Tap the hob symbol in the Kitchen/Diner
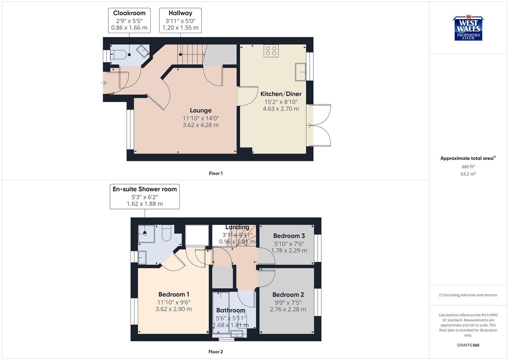271,51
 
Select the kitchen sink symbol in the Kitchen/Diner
300,72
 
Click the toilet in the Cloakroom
118,55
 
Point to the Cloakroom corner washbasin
143,51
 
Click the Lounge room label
201,110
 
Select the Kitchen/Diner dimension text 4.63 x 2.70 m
281,109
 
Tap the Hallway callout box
180,20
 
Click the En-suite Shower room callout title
145,189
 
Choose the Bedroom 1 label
174,294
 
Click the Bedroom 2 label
288,295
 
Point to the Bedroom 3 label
289,236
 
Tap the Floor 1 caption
216,173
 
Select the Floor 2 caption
216,352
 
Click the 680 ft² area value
468,167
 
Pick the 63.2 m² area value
468,174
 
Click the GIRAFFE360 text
468,345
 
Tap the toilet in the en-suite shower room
166,233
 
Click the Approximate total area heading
468,158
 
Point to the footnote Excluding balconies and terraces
468,295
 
